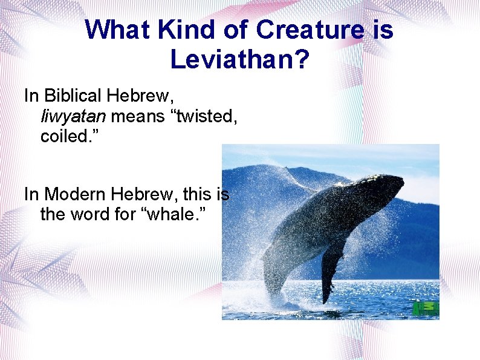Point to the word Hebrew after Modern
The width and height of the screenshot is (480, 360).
(x=143, y=194)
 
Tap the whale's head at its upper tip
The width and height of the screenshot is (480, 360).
(x=396, y=182)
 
